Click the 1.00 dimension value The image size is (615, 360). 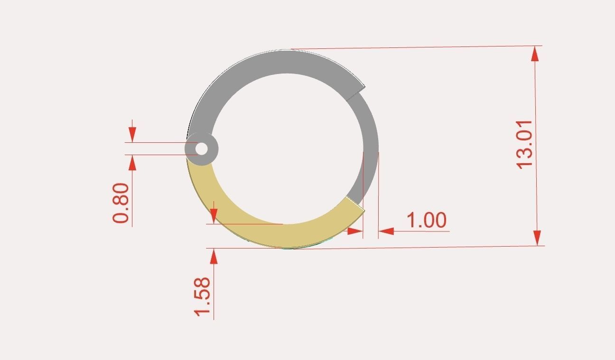(427, 221)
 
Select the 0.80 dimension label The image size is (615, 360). (121, 203)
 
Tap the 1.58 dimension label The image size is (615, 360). (202, 296)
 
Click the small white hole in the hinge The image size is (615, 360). (202, 149)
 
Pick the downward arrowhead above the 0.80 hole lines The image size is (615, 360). (132, 134)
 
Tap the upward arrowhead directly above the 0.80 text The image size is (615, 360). (132, 163)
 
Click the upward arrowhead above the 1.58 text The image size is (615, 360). (214, 257)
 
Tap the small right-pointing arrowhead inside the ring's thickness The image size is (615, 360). (355, 231)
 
